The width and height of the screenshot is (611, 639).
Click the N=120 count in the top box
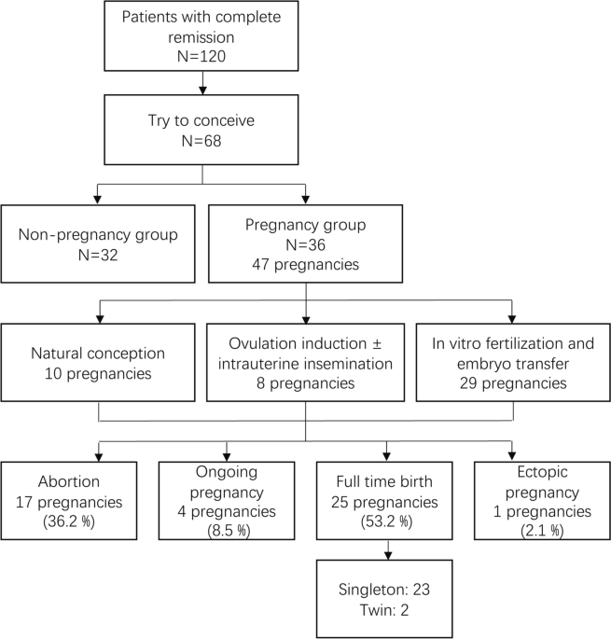click(201, 56)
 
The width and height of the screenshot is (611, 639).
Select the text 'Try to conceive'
click(201, 120)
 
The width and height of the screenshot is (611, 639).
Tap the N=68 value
click(201, 141)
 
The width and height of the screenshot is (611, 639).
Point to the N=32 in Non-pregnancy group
click(98, 255)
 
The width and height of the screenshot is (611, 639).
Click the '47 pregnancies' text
click(305, 265)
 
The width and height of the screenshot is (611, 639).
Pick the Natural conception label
click(98, 354)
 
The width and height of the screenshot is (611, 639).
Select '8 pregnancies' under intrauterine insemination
click(305, 383)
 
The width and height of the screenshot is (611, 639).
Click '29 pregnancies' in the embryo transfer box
click(513, 383)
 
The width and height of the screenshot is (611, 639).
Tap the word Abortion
click(69, 481)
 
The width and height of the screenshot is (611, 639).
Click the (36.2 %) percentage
click(69, 521)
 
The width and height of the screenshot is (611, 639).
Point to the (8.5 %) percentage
click(229, 531)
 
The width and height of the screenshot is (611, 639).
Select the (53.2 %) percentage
click(386, 521)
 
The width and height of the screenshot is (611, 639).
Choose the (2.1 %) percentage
click(542, 531)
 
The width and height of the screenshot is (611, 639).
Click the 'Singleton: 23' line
click(384, 590)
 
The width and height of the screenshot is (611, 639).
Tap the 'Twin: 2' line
click(384, 610)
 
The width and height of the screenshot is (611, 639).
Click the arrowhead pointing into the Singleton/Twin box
click(388, 555)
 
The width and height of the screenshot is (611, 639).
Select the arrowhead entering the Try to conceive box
click(202, 90)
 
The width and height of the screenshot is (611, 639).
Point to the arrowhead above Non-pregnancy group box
click(97, 200)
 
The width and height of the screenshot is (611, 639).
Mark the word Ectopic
click(542, 472)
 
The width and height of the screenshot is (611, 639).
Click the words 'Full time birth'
click(384, 481)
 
